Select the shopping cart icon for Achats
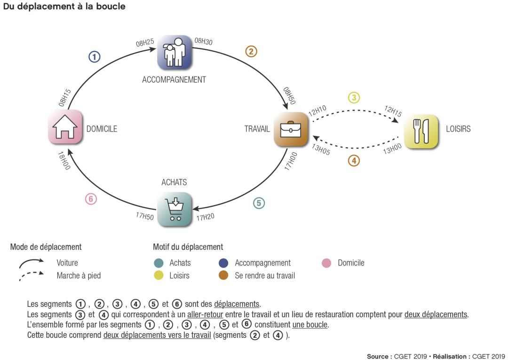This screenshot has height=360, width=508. (x=175, y=210)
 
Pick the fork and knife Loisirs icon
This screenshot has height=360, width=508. (x=421, y=132)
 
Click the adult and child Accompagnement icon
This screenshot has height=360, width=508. (x=175, y=52)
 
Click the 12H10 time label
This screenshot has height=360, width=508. (x=317, y=111)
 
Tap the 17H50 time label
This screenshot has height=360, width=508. (x=145, y=216)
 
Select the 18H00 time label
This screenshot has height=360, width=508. (x=63, y=160)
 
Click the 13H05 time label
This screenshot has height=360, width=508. (x=321, y=149)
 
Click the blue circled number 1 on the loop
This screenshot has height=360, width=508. (x=94, y=57)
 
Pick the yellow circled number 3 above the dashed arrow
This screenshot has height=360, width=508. (x=354, y=98)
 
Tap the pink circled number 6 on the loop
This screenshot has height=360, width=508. (x=91, y=199)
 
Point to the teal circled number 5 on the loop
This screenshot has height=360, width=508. (x=259, y=203)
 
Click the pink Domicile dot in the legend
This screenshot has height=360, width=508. (x=326, y=263)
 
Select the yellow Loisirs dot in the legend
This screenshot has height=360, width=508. (x=159, y=276)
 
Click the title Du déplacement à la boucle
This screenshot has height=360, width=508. (x=64, y=7)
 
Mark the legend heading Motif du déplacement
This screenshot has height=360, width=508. (x=188, y=247)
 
